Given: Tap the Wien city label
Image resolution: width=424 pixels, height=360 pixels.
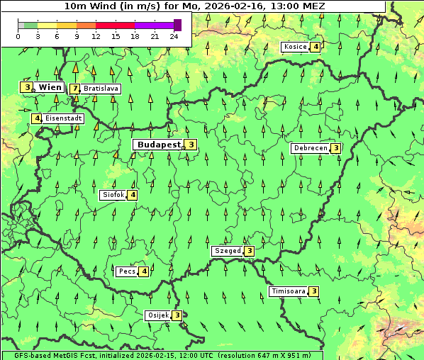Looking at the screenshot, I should [x=50, y=87].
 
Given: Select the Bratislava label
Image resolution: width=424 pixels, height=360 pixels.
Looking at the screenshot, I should [x=101, y=89].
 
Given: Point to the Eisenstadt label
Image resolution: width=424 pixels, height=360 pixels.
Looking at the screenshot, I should [x=63, y=118].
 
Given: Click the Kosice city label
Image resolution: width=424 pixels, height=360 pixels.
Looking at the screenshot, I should [x=295, y=47].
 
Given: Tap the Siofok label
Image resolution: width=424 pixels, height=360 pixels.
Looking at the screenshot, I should [x=113, y=194].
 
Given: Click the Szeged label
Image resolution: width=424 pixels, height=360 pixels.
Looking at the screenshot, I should [x=227, y=251].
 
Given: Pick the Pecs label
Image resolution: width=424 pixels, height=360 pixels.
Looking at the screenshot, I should [x=127, y=271].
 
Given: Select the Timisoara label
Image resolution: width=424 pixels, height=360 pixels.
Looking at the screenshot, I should [x=289, y=291].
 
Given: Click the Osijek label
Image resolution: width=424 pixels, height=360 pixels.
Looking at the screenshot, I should [x=157, y=315].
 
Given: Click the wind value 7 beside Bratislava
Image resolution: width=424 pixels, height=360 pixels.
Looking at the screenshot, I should [x=74, y=89].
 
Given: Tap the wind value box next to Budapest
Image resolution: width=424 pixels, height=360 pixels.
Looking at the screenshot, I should [x=191, y=145].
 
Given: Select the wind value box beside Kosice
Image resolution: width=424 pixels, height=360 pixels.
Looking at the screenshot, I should [x=316, y=47].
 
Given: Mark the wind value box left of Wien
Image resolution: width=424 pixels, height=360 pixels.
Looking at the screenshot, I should [x=26, y=87].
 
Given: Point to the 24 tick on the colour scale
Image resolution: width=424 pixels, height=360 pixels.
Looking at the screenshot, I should [x=174, y=36].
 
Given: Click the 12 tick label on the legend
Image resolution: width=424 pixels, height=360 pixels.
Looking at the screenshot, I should [x=96, y=36].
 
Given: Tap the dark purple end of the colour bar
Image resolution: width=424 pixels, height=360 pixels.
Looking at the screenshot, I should [x=177, y=26].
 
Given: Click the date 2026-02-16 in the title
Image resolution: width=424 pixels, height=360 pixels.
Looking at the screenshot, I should [x=231, y=6].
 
